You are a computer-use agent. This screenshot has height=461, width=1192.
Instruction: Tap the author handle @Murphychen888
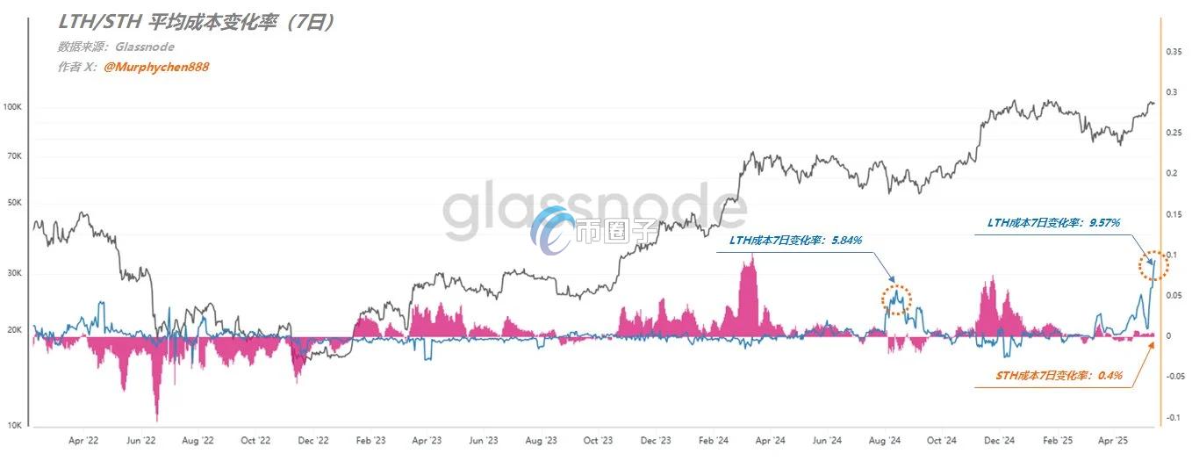click(156, 67)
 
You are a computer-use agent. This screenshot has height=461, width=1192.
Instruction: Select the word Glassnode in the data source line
click(146, 47)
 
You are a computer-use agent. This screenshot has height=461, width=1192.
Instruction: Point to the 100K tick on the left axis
click(13, 107)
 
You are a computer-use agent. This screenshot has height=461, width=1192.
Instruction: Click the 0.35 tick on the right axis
click(1174, 52)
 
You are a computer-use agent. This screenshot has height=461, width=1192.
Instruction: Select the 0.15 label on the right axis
click(1174, 214)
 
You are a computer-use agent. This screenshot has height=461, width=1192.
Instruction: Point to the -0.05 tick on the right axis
click(1173, 376)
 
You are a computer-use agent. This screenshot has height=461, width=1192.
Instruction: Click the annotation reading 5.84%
click(795, 240)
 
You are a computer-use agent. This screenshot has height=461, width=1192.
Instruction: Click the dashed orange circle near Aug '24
click(896, 300)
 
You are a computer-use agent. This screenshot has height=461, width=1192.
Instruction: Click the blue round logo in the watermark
click(553, 230)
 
